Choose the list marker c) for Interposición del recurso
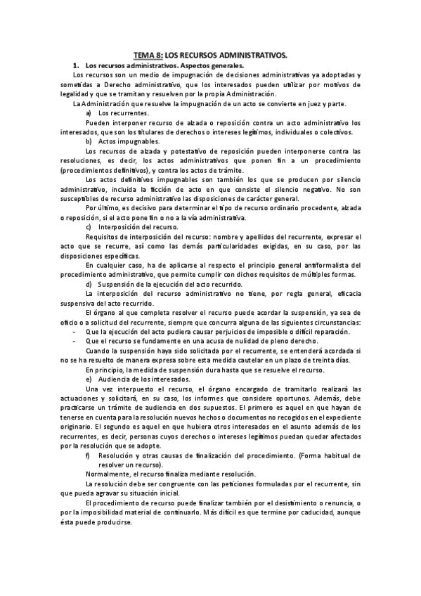click(x=89, y=227)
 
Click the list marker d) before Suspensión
click(x=89, y=283)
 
